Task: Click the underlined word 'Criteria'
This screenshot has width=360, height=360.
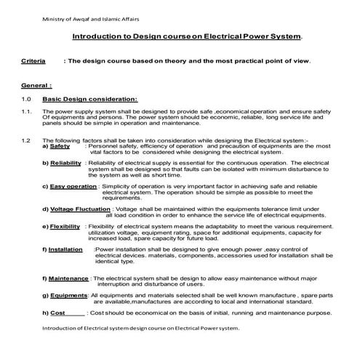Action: (x=35, y=62)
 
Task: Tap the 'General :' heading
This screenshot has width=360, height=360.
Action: (x=37, y=85)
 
